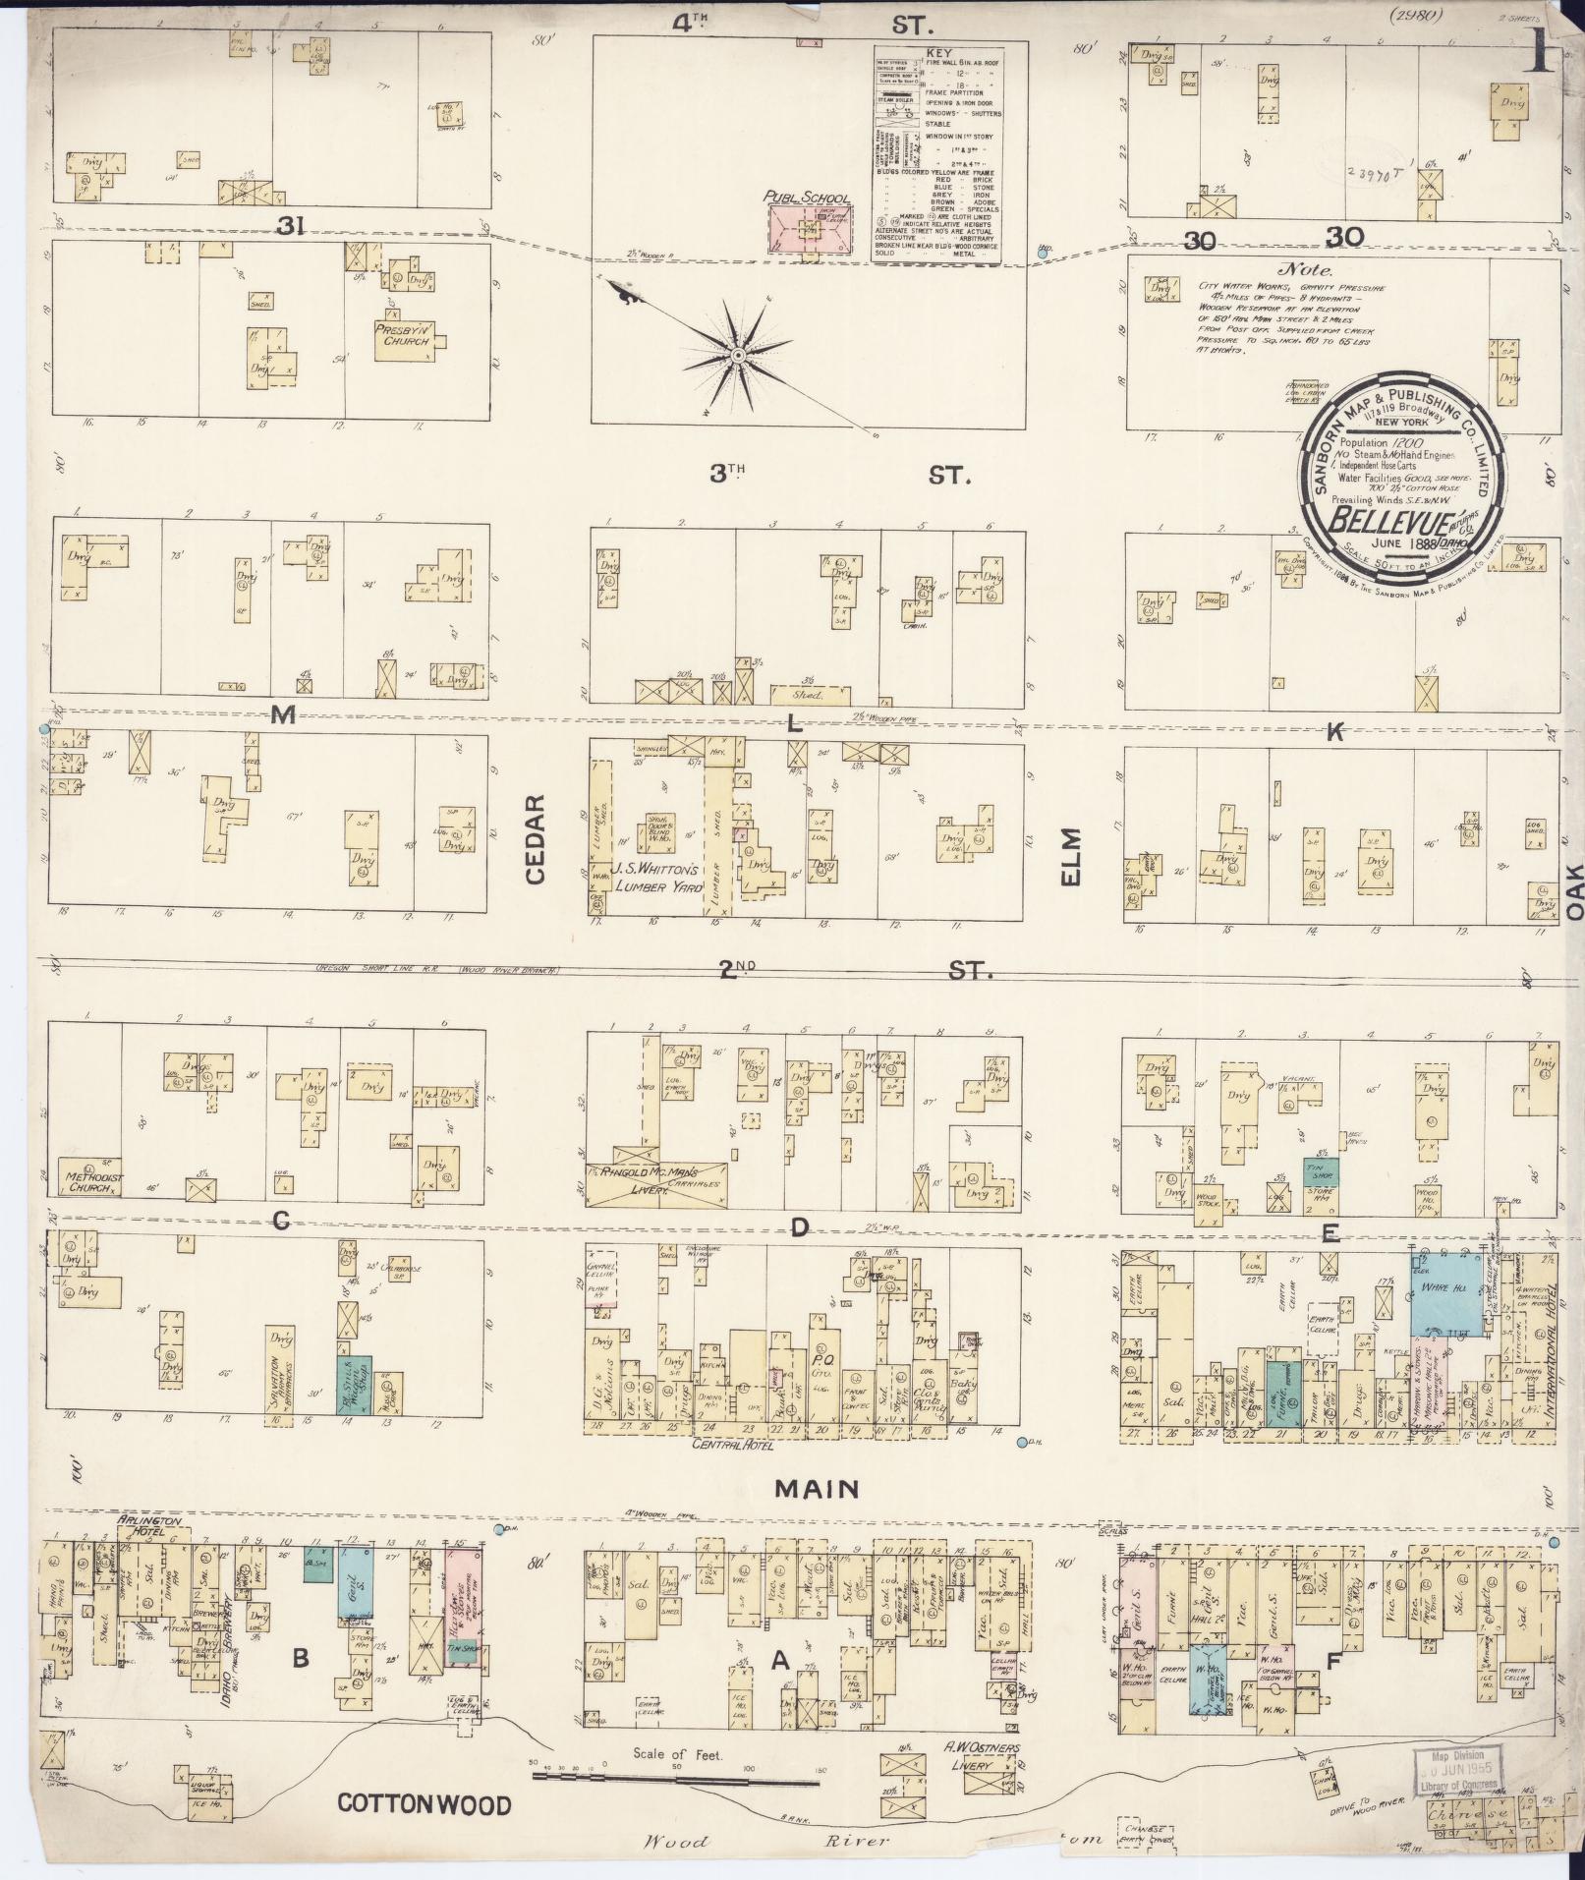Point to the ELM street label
1071,856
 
